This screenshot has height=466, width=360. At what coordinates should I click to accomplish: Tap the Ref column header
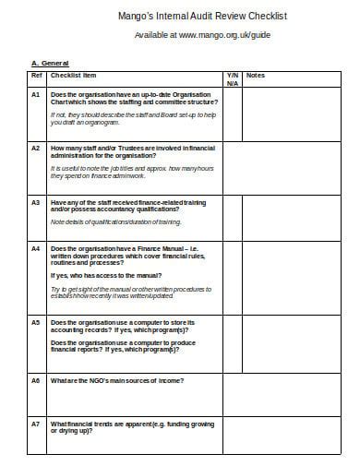click(36, 75)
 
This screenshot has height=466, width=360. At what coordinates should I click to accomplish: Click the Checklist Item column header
click(75, 75)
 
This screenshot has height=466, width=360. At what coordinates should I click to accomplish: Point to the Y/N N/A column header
click(232, 78)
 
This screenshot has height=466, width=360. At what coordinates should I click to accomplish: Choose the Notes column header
click(256, 75)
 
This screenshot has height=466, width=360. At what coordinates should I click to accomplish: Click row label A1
click(36, 94)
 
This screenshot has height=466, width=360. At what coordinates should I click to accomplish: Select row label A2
click(36, 148)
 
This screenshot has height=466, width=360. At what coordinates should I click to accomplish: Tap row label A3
click(36, 201)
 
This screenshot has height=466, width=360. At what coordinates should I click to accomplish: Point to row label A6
click(36, 380)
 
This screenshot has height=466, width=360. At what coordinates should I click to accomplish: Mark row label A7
click(36, 423)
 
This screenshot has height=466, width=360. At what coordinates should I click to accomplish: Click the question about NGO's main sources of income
click(117, 380)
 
